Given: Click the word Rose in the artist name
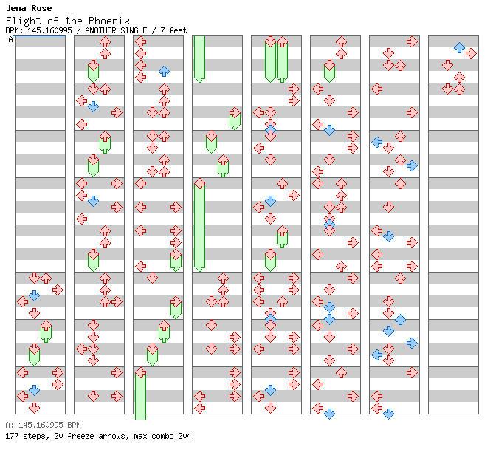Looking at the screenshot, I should pyautogui.click(x=41, y=8).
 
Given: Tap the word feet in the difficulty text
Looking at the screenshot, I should pyautogui.click(x=178, y=30).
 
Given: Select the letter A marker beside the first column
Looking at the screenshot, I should pyautogui.click(x=11, y=39).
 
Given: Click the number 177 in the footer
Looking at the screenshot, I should pyautogui.click(x=12, y=436).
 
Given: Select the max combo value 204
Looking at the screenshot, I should pyautogui.click(x=184, y=436).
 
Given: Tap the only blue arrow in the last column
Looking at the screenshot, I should pyautogui.click(x=459, y=47).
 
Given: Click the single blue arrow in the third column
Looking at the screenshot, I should pyautogui.click(x=164, y=71).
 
